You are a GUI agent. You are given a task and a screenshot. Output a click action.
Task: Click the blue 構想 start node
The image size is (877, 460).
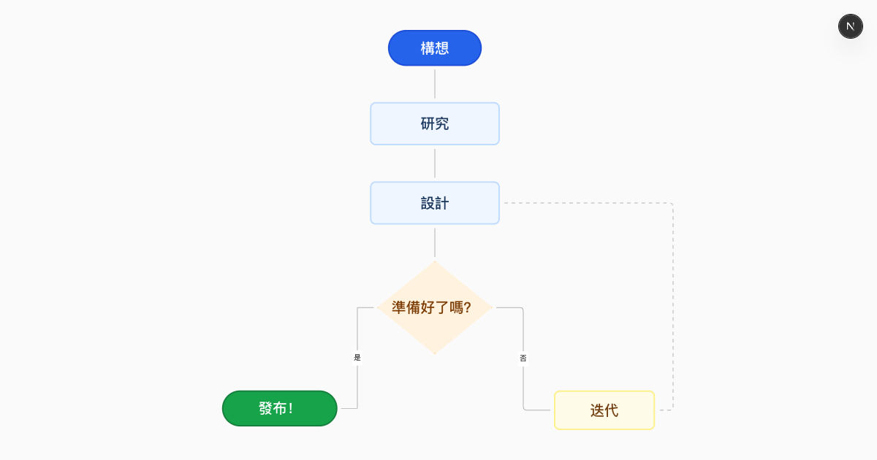[x=434, y=48]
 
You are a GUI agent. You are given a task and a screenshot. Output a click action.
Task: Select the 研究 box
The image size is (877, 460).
[x=434, y=124]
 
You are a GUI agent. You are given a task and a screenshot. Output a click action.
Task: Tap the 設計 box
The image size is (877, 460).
[x=434, y=203]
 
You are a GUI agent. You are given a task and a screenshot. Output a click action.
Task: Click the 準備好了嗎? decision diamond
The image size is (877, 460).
[x=434, y=307]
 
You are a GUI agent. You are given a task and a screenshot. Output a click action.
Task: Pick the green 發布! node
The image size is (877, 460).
[x=279, y=408]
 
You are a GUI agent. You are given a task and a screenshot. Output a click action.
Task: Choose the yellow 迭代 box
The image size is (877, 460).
[x=604, y=410]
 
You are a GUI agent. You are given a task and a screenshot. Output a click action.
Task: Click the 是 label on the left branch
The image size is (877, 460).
[x=357, y=358]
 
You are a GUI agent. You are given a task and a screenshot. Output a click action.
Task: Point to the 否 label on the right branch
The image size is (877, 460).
[x=523, y=358]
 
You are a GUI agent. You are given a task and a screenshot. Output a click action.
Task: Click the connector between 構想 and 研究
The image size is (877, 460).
[x=435, y=84]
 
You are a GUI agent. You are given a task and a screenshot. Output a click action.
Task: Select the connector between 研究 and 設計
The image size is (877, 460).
[x=435, y=164]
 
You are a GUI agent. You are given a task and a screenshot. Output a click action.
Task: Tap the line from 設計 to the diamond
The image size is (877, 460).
[x=435, y=242]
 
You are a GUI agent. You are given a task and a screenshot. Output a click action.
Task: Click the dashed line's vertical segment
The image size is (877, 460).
[x=672, y=307]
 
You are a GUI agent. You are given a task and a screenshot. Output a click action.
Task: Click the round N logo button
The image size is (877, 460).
[x=850, y=26]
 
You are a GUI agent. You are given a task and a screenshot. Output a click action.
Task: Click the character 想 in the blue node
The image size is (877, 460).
[x=441, y=48]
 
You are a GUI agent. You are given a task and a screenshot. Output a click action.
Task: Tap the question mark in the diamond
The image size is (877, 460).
[x=467, y=307]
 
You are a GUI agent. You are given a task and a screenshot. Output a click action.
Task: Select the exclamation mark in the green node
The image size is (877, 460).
[x=291, y=408]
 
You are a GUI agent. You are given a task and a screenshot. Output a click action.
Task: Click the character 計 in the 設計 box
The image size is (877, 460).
[x=441, y=203]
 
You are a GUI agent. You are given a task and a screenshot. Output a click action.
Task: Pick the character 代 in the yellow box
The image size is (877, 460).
[x=611, y=410]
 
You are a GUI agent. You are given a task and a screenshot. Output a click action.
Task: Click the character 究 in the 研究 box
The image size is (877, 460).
[x=441, y=124]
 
